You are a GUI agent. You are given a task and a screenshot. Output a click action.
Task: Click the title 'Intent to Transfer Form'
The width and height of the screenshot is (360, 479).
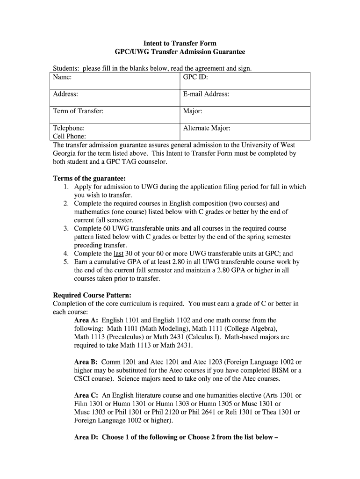coord(180,44)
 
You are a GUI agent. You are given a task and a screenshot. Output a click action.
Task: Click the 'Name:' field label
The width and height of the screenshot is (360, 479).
coord(62,77)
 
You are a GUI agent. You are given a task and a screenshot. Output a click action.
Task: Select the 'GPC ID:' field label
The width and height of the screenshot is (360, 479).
coord(195,77)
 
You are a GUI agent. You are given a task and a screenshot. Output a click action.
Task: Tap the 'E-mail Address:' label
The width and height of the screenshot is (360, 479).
coord(206,94)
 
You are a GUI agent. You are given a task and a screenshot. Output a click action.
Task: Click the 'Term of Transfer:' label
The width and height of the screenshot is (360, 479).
coord(78,111)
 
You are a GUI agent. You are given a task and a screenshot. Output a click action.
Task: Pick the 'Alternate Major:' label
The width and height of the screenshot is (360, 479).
coord(207,128)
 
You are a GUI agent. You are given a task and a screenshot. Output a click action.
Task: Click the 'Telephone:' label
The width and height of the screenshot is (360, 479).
coord(69,128)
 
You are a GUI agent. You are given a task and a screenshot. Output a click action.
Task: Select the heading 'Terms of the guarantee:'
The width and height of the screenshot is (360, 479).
coord(90,178)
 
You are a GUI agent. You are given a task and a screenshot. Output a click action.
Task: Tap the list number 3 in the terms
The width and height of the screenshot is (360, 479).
coord(66,228)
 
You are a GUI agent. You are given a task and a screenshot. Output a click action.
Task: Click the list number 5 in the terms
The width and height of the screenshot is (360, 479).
coord(66,262)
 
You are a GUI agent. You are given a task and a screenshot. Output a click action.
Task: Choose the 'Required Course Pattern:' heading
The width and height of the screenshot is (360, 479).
coord(92,295)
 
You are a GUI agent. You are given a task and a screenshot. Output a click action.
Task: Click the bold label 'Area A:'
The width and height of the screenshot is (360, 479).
coord(86,320)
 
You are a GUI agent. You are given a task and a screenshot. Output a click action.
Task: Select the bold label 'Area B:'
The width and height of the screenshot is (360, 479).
coord(86,362)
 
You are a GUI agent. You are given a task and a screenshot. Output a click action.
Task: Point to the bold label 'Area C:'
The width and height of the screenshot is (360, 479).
coord(86,395)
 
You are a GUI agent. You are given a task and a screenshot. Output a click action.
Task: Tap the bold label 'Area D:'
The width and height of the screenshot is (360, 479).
coord(86,437)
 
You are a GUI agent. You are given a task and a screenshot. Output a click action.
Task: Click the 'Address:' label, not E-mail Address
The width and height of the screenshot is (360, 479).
coord(65,94)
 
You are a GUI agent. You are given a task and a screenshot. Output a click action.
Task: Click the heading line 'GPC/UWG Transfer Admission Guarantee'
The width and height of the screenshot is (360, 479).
coord(180,52)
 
